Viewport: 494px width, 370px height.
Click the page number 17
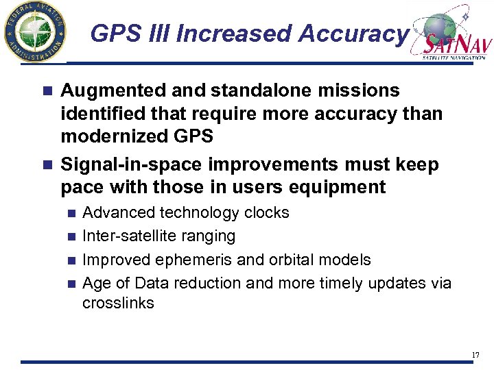pyautogui.click(x=475, y=355)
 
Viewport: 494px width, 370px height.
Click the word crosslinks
pyautogui.click(x=118, y=302)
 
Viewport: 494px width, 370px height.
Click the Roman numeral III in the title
pyautogui.click(x=155, y=34)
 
